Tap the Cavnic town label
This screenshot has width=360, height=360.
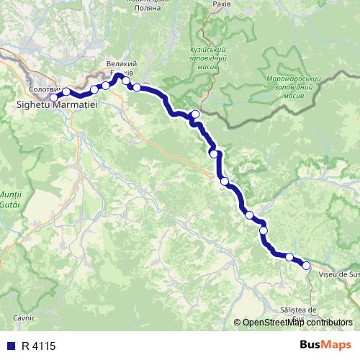[24, 318]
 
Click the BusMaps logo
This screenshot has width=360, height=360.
[325, 345]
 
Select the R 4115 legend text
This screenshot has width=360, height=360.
[38, 346]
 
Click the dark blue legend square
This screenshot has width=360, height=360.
[9, 346]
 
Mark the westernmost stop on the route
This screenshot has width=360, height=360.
[53, 97]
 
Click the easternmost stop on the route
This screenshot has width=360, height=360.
[306, 266]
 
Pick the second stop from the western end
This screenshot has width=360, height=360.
[66, 91]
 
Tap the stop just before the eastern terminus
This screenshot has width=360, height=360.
[289, 257]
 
